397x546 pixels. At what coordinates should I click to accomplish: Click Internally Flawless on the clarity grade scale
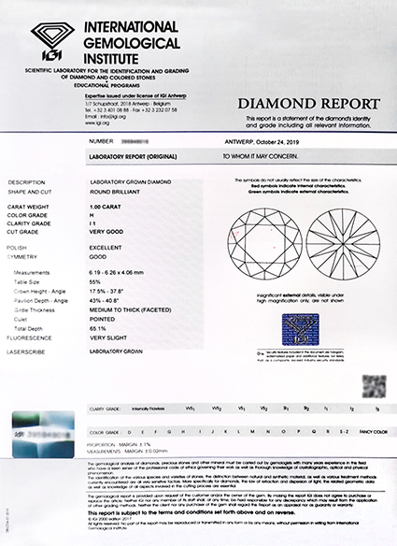(155, 409)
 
